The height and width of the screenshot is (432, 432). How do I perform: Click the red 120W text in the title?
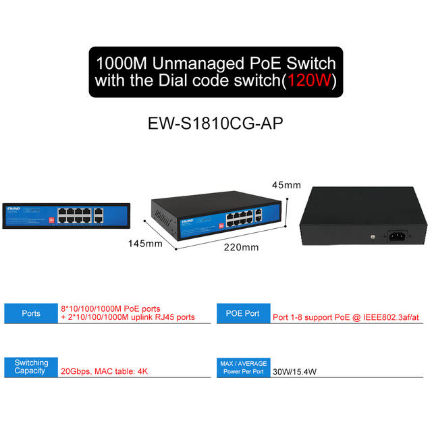click(308, 83)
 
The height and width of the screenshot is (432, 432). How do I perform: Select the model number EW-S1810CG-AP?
click(215, 124)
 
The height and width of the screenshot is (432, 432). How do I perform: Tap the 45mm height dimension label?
click(286, 185)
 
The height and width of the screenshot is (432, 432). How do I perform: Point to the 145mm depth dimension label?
click(145, 244)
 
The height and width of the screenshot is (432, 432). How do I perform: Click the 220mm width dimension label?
click(240, 247)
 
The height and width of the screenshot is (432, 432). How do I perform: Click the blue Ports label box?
click(31, 313)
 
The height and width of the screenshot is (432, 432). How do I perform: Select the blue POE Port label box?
click(242, 313)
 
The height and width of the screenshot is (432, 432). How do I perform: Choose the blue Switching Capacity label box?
click(31, 367)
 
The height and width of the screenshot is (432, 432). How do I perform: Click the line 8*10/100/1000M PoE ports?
click(111, 308)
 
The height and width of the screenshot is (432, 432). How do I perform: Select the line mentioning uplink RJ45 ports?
click(128, 317)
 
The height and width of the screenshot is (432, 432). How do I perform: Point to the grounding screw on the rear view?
click(373, 237)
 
